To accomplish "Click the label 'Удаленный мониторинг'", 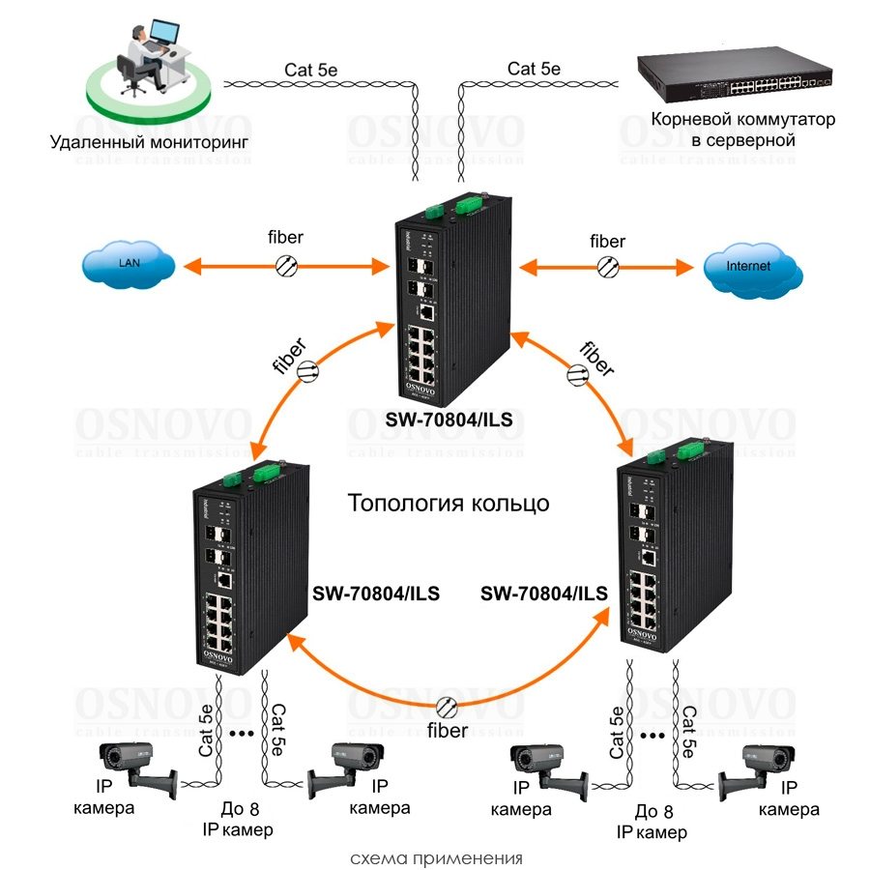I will (150, 143).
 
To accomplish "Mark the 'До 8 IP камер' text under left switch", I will (237, 819).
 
